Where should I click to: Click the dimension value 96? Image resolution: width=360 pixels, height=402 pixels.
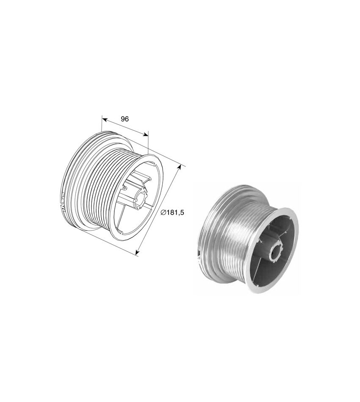(125, 119)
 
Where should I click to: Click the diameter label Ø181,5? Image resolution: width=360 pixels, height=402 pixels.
(172, 212)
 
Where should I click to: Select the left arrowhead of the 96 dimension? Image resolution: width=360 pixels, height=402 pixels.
(104, 119)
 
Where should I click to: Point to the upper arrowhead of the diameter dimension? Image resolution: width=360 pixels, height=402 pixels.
(180, 167)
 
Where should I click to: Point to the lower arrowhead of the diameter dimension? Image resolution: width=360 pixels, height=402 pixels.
(137, 253)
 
